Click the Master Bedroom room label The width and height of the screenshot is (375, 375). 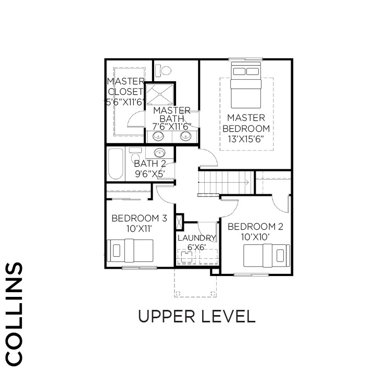(x=246, y=123)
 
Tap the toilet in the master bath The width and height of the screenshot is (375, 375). (x=164, y=70)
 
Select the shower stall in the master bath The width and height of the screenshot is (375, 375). (x=159, y=94)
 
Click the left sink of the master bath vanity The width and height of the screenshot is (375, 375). (x=158, y=136)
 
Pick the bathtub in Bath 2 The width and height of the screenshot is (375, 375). (x=116, y=164)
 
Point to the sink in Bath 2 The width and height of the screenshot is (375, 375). (x=159, y=152)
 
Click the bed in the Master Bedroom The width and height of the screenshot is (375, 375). (x=246, y=85)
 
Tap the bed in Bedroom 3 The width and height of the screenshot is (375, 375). (x=130, y=251)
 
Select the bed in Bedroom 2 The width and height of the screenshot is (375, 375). (x=267, y=255)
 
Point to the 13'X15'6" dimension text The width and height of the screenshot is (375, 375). (x=246, y=139)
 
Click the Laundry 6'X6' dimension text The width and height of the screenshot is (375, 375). (x=196, y=247)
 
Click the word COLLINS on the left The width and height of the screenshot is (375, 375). (x=14, y=314)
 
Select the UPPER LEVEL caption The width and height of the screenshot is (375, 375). (x=196, y=316)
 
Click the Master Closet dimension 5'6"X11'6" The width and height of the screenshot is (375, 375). (x=126, y=102)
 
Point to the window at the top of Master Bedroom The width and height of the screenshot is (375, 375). (x=245, y=59)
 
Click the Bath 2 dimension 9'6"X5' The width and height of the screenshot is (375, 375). (x=150, y=174)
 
